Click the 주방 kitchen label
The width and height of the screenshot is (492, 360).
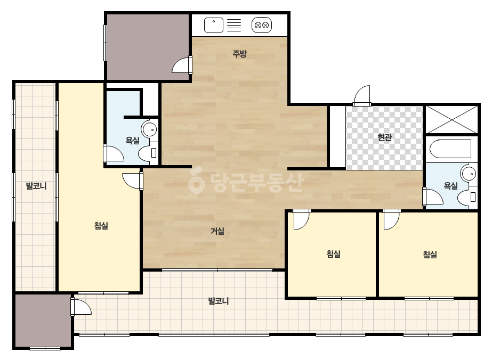click(239, 54)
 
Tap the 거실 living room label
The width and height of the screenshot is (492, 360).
click(217, 232)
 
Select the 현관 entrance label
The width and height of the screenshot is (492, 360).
click(384, 137)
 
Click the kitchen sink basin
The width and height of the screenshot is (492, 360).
click(214, 25)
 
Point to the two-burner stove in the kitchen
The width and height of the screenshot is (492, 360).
click(262, 25)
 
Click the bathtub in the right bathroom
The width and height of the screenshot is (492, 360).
click(450, 149)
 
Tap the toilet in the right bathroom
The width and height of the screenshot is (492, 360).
click(467, 197)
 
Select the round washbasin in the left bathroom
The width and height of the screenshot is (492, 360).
click(149, 129)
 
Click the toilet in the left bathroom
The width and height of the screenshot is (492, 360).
click(148, 153)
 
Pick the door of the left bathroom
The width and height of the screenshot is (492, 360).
click(113, 154)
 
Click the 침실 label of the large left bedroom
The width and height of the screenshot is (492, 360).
click(101, 225)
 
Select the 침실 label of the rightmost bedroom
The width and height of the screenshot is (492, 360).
click(430, 254)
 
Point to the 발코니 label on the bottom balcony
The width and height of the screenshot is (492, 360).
click(219, 301)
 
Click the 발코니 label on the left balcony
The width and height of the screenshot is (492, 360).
click(36, 186)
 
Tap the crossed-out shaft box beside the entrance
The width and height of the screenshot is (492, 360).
click(451, 119)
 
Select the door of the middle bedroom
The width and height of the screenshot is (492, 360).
click(301, 219)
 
